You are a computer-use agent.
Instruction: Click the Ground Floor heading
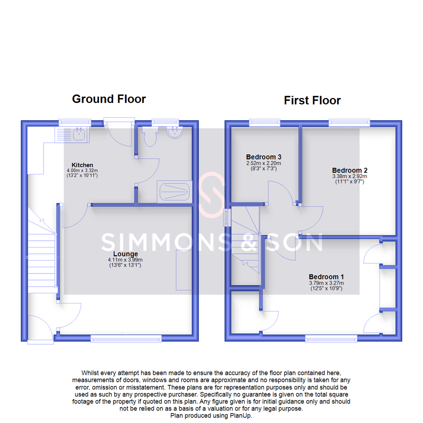[109, 99]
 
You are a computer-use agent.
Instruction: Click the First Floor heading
[312, 100]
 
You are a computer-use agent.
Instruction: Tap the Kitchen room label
[82, 165]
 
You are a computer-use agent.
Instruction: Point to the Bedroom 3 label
[264, 157]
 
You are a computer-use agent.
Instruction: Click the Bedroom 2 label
[349, 170]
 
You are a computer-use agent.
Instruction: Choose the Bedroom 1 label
[326, 276]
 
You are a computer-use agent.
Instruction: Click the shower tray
[174, 192]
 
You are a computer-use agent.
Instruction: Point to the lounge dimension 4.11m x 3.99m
[125, 260]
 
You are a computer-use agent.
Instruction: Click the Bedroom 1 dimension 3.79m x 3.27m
[326, 283]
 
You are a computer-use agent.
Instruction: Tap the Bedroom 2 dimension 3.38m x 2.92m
[349, 176]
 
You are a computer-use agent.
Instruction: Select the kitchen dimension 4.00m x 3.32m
[82, 171]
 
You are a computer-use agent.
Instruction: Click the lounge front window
[126, 338]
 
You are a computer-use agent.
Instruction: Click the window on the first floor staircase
[227, 217]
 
